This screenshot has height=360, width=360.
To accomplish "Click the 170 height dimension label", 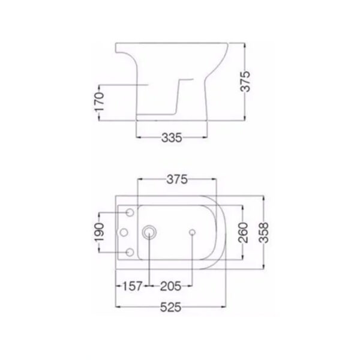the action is point(100,102).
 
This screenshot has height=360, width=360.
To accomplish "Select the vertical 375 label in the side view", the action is point(245,82).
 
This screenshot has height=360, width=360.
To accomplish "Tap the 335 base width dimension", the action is point(172,138).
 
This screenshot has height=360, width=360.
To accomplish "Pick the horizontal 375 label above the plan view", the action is point(177,179).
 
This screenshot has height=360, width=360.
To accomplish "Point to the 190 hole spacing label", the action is point(99,232).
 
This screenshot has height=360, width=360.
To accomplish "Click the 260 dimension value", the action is point(243,232).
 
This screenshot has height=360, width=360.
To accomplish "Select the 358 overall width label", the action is point(263,232).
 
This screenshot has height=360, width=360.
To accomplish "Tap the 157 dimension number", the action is point(133,286).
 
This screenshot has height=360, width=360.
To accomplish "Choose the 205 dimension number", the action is point(170,286).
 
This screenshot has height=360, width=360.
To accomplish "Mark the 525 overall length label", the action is point(170,307).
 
